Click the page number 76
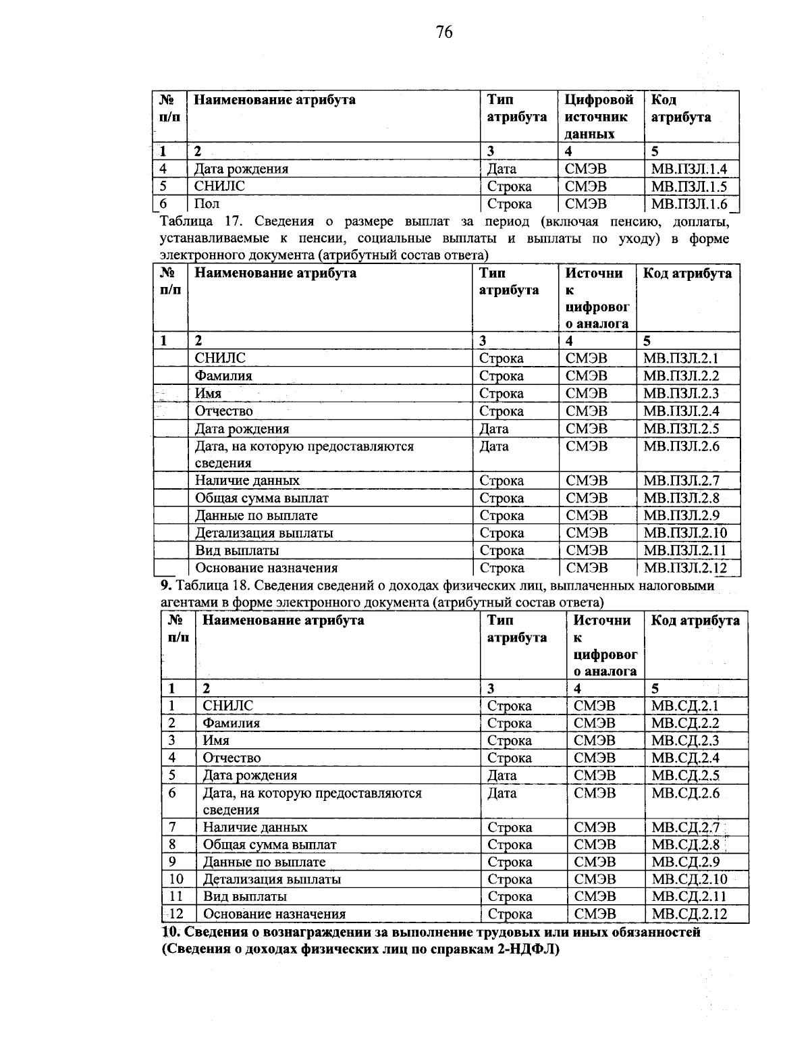coord(444,32)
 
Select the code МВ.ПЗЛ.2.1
coord(681,359)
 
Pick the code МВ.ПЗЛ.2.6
coord(681,446)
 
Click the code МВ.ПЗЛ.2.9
coord(681,515)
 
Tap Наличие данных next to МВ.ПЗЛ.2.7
coord(247,481)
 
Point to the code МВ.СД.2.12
coord(689,914)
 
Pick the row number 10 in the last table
coord(176,879)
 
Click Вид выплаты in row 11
coord(245,897)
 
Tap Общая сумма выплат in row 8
coord(269,845)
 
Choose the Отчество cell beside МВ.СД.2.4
coord(232,758)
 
